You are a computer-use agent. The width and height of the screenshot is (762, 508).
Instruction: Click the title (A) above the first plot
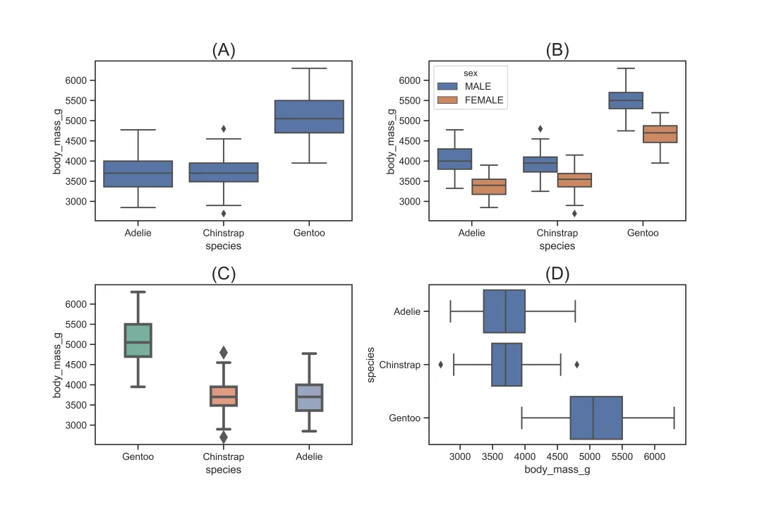pos(223,50)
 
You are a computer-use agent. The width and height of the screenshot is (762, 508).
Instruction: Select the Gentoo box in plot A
pos(309,116)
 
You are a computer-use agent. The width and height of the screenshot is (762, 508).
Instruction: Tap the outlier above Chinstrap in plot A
pos(224,128)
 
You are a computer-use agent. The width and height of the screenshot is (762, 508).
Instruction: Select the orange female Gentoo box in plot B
pos(660,134)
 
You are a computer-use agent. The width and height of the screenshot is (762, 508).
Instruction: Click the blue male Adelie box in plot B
pos(455,159)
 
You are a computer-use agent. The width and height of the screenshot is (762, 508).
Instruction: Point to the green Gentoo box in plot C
pos(138,340)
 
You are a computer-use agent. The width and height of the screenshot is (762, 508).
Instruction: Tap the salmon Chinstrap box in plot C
pos(224,396)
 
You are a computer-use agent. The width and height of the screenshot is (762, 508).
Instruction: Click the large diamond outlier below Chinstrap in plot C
pos(224,437)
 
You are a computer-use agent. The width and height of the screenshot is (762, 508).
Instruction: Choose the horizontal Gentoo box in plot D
pos(596,418)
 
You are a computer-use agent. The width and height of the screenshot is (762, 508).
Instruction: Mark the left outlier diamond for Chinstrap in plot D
pos(441,365)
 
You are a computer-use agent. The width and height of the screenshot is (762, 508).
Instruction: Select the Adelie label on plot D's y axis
pos(407,311)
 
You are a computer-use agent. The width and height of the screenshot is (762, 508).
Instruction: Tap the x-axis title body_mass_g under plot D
pos(557,470)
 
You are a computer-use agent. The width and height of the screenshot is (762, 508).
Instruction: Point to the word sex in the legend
pos(470,73)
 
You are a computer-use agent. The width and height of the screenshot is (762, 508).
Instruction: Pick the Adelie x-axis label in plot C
pos(309,456)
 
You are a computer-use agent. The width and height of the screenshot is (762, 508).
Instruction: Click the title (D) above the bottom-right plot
pos(557,274)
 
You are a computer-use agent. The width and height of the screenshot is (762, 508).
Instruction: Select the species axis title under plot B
pos(557,246)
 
